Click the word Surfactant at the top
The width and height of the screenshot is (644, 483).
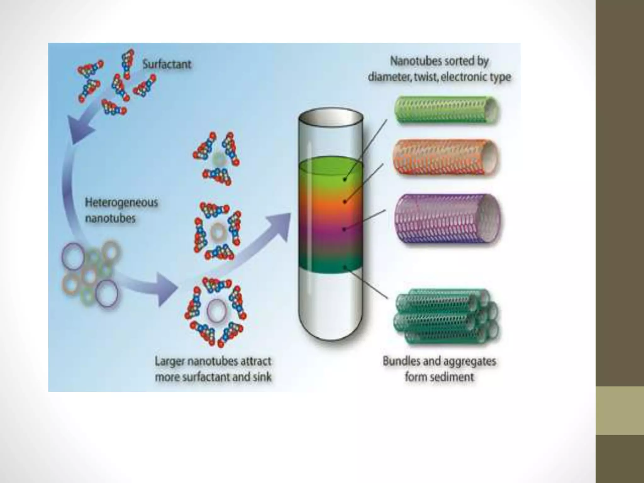point(167,64)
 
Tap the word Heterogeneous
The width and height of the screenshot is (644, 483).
point(121,202)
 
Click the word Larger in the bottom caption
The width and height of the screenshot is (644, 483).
point(169,361)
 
